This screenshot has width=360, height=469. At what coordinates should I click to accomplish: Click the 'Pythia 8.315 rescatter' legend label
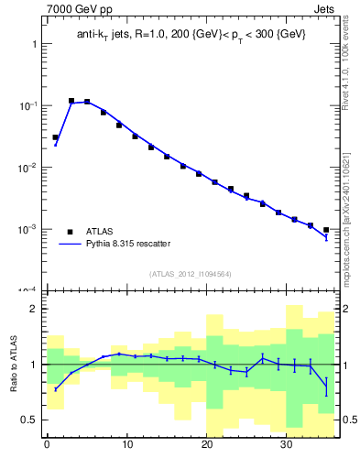(x=127, y=244)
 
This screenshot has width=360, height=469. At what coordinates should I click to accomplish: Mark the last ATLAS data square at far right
(x=326, y=230)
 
